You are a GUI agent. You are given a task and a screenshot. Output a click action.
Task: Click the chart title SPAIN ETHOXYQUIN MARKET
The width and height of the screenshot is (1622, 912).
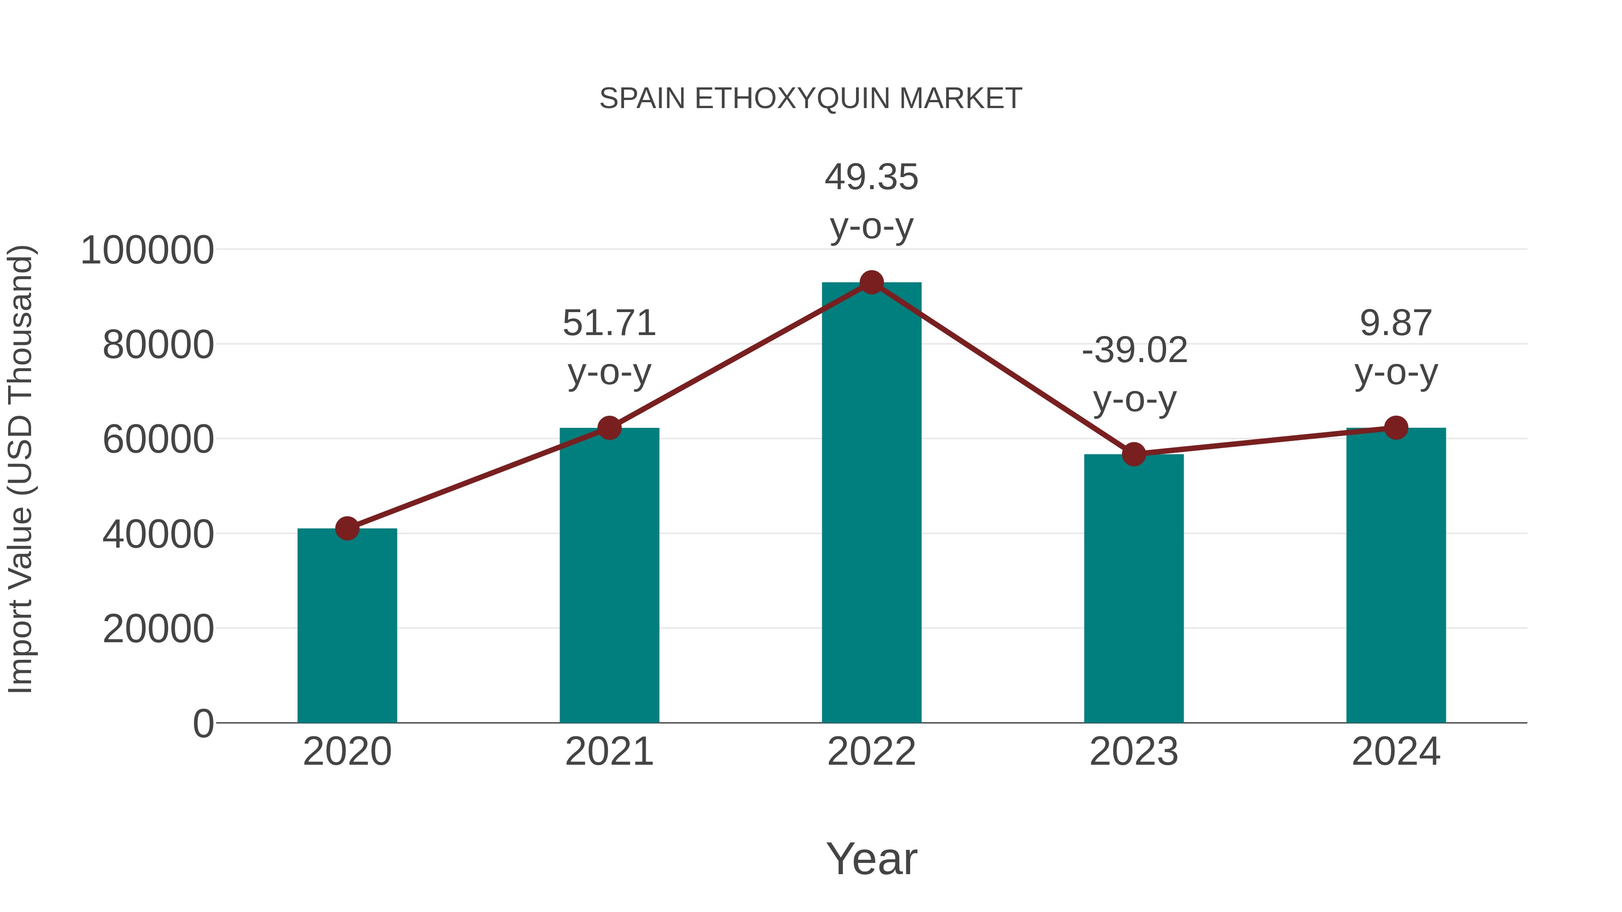811,99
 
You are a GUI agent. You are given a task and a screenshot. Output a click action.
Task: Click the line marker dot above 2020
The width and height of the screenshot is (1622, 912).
347,528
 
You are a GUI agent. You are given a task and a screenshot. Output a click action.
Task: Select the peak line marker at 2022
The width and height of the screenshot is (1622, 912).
871,282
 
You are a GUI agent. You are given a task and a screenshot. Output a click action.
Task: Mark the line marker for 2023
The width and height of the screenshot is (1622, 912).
1134,454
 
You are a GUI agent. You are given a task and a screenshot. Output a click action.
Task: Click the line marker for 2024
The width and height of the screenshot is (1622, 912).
1396,428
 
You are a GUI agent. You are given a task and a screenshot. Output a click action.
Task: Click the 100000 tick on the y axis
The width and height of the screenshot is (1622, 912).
147,250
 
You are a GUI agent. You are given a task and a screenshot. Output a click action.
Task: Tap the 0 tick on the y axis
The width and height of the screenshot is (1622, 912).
203,723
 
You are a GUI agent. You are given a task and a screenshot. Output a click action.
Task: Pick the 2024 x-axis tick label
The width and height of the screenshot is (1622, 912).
1396,752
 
